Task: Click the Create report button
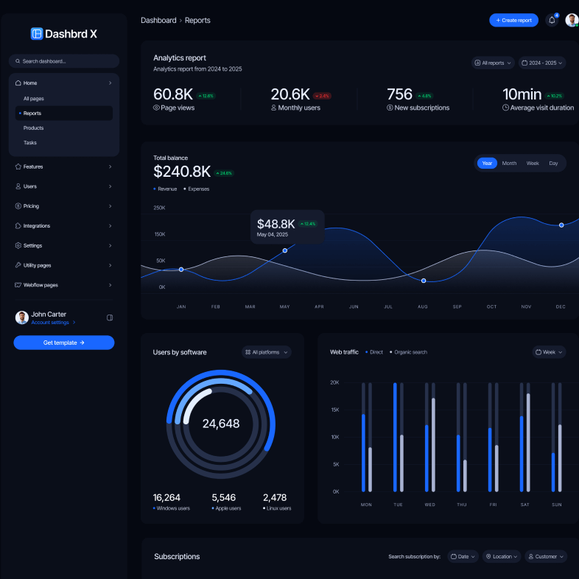(513, 21)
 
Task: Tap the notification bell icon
(552, 21)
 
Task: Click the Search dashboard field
(64, 61)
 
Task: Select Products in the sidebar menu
(33, 128)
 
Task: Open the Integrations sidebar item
(37, 226)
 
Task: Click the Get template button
(64, 343)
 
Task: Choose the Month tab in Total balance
(509, 164)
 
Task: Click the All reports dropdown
(493, 63)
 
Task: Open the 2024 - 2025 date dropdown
(541, 63)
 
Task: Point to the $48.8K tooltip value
(276, 224)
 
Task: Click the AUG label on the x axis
(423, 306)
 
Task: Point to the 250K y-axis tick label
(159, 208)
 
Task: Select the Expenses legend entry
(197, 189)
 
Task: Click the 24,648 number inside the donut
(221, 424)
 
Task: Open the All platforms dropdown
(267, 352)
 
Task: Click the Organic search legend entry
(409, 352)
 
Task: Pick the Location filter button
(502, 557)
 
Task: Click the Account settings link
(51, 323)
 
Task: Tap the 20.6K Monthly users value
(290, 94)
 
